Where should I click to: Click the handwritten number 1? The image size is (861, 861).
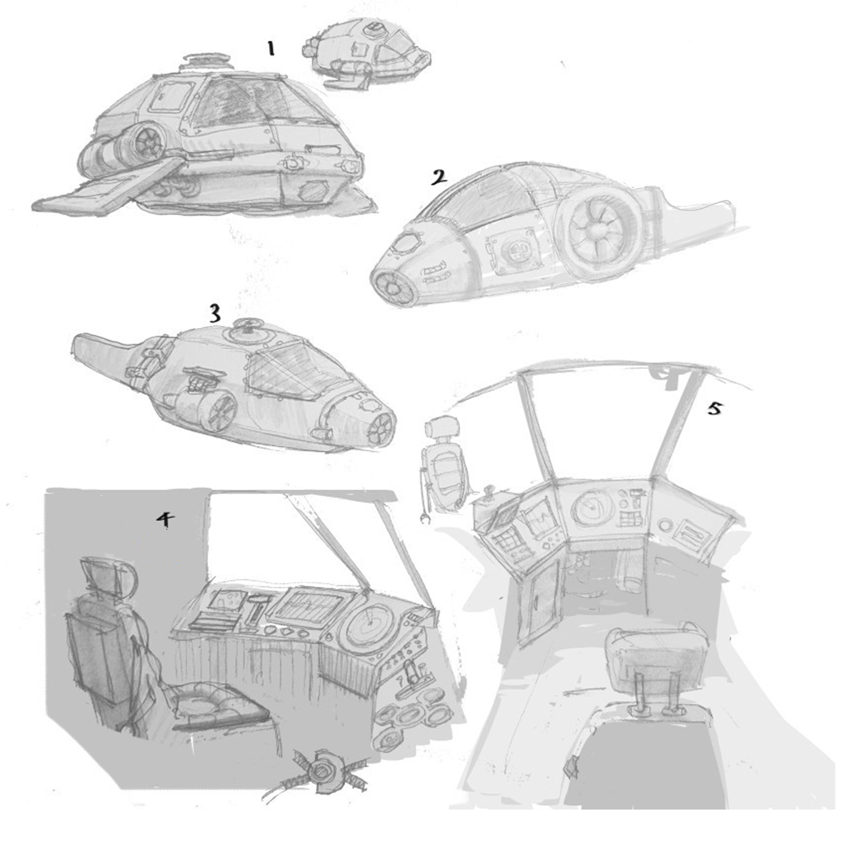point(270,48)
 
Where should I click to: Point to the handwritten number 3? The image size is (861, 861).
point(215,313)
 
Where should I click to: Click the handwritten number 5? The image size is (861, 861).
point(714,408)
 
